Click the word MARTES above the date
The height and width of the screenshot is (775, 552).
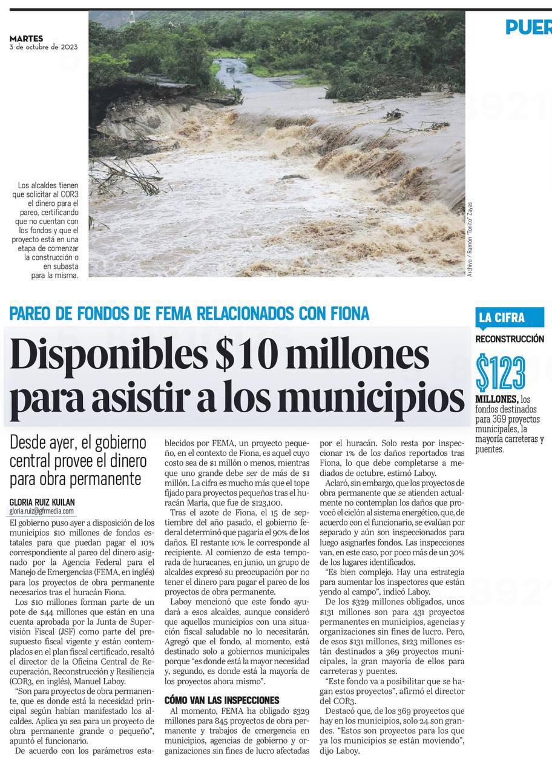pos(25,38)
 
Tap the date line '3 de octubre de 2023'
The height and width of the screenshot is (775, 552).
pos(44,47)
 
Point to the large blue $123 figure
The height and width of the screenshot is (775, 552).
pos(501,373)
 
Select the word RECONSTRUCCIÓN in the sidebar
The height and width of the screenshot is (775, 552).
pos(510,339)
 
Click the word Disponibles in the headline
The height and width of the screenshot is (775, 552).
pos(109,356)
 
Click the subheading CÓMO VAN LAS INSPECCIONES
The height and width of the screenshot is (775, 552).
pos(222,700)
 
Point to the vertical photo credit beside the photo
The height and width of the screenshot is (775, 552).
pos(470,240)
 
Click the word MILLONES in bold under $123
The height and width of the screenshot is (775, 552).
pos(497,399)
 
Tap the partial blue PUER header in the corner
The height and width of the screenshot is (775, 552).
pos(528,27)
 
